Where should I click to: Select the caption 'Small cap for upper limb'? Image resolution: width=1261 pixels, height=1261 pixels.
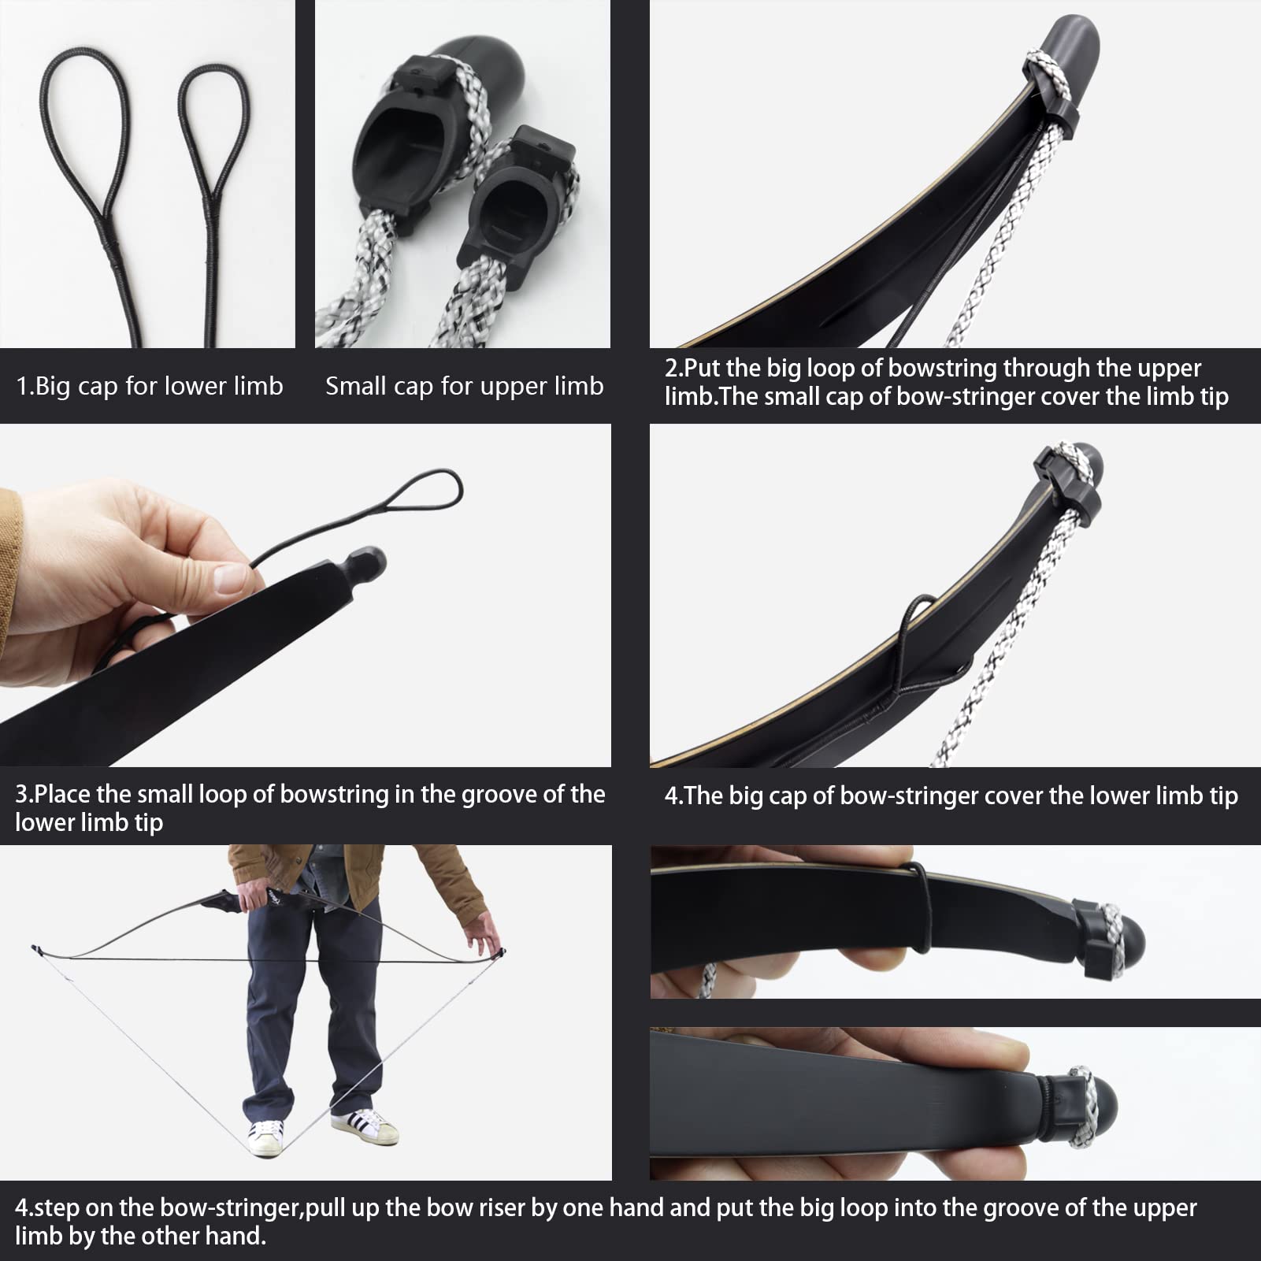coord(464,386)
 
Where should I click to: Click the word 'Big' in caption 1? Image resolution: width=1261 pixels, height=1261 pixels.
coord(52,386)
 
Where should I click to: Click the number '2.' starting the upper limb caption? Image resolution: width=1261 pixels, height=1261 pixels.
coord(674,369)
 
